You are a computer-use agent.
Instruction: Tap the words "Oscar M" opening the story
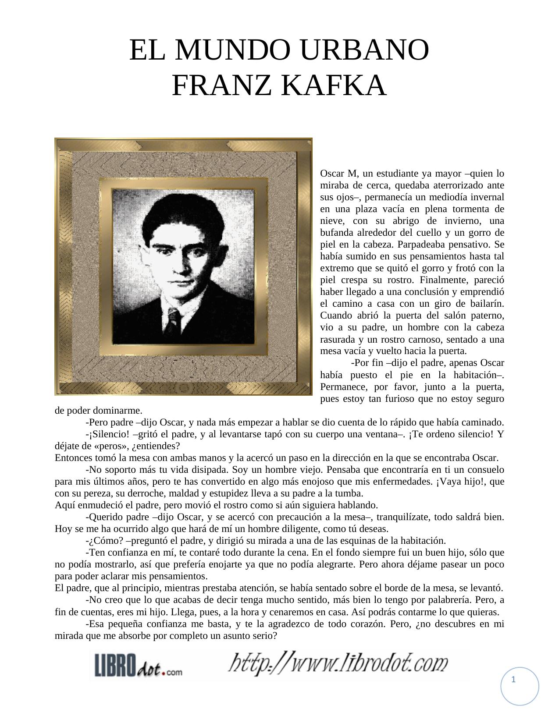[338, 173]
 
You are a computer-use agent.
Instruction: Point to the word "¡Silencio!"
[107, 434]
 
